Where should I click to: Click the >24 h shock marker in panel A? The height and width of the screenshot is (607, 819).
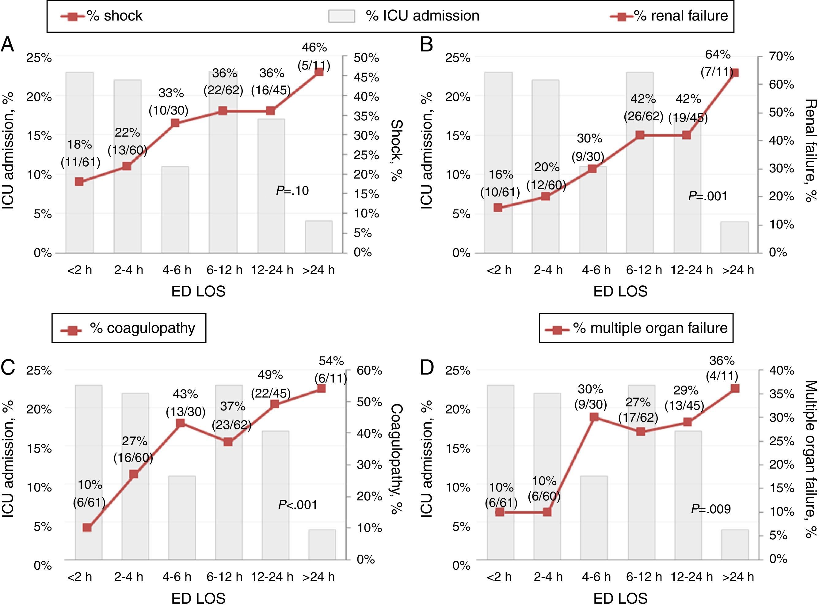[319, 72]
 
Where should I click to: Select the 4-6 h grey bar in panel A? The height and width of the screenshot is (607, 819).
[175, 209]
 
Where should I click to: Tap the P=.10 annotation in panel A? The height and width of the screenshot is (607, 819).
[292, 191]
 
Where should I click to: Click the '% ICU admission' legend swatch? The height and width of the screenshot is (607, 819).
[342, 16]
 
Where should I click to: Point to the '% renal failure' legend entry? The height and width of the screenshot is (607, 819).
[669, 16]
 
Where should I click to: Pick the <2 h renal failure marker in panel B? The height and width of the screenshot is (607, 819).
[498, 208]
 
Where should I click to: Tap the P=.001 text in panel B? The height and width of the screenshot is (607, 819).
[707, 196]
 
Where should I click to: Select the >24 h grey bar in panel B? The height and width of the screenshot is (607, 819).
[734, 237]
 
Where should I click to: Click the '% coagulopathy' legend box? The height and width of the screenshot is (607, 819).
[129, 328]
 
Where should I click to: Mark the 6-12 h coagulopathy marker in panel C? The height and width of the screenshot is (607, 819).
[228, 442]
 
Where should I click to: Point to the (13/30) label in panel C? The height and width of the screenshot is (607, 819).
[185, 412]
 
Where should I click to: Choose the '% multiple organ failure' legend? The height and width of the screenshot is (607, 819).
[636, 328]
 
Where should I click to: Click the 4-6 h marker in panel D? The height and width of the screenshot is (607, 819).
[594, 417]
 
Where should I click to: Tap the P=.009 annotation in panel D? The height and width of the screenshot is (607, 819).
[710, 509]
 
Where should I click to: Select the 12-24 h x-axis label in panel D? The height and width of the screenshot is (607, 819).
[691, 577]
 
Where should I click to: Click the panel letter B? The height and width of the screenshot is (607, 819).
[427, 45]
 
